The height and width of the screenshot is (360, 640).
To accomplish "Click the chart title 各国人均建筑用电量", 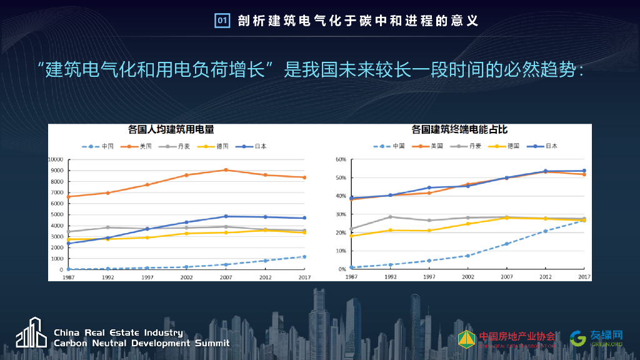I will pyautogui.click(x=171, y=129).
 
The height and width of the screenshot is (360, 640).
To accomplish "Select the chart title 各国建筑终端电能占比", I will pyautogui.click(x=459, y=129).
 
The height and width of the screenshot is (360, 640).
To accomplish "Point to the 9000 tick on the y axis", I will pyautogui.click(x=56, y=171).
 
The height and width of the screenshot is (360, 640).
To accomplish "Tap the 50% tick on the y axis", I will pyautogui.click(x=341, y=177).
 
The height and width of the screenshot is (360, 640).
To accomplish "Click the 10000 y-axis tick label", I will pyautogui.click(x=55, y=159).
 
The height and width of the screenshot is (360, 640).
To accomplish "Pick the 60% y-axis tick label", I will pyautogui.click(x=341, y=159).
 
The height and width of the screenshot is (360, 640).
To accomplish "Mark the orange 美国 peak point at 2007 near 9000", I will pyautogui.click(x=226, y=170).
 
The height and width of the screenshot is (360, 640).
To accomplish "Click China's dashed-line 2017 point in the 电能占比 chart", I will pyautogui.click(x=584, y=220).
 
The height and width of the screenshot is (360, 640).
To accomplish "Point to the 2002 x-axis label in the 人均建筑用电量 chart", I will pyautogui.click(x=186, y=277).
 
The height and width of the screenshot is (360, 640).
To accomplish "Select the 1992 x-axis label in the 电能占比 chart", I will pyautogui.click(x=390, y=276).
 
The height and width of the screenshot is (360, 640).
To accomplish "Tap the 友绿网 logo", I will pyautogui.click(x=596, y=338).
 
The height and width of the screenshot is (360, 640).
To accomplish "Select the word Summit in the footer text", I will pyautogui.click(x=211, y=343).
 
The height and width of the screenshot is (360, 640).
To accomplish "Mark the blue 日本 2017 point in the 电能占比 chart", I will pyautogui.click(x=584, y=171).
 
